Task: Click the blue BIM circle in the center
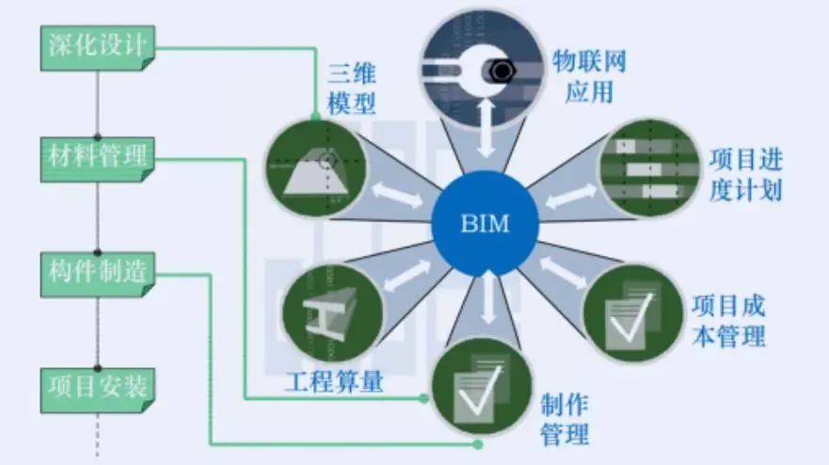coord(485,223)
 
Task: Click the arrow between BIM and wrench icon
coord(486,133)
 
